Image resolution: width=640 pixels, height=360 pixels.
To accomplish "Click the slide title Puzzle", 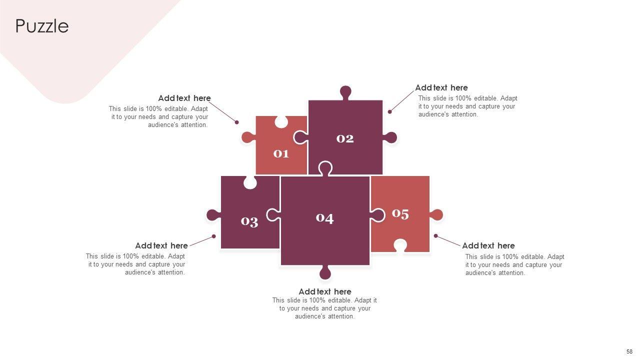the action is click(42, 26).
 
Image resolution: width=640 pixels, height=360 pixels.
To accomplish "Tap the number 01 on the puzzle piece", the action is click(281, 153).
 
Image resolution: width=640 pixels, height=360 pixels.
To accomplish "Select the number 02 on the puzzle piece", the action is click(345, 138).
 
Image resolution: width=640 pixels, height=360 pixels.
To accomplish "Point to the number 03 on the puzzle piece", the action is click(249, 221).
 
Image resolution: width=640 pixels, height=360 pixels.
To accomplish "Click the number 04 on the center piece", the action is click(324, 218).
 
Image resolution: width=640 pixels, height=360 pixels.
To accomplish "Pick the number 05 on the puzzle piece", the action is click(400, 214).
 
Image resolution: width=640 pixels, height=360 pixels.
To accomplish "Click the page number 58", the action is click(629, 351).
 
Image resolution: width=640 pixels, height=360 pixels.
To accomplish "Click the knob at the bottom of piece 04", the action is click(325, 273).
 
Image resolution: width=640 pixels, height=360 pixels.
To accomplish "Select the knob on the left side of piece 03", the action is click(213, 215).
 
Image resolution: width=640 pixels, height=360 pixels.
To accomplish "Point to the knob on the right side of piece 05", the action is click(436, 215).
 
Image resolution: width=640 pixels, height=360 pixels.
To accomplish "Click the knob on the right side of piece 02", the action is click(391, 137).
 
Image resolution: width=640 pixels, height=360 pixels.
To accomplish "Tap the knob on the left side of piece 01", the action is click(247, 137).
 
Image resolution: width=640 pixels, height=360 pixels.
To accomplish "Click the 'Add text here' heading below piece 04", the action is click(325, 291).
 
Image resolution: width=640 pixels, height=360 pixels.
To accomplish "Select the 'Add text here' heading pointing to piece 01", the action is click(184, 98).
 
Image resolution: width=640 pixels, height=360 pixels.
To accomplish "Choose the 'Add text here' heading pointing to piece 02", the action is click(441, 87).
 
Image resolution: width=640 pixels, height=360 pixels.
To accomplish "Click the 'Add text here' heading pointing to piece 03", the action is click(161, 245).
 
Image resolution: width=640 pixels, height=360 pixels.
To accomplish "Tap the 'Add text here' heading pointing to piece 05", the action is click(488, 245).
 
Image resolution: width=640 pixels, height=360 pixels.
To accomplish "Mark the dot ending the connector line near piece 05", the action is click(435, 235).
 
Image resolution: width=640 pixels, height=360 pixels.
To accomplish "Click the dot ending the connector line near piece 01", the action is click(237, 122).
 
